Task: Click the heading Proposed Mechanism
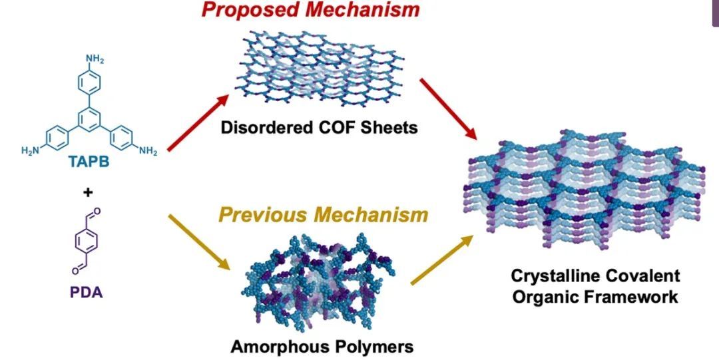click(x=312, y=11)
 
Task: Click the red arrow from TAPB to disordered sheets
click(x=194, y=122)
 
